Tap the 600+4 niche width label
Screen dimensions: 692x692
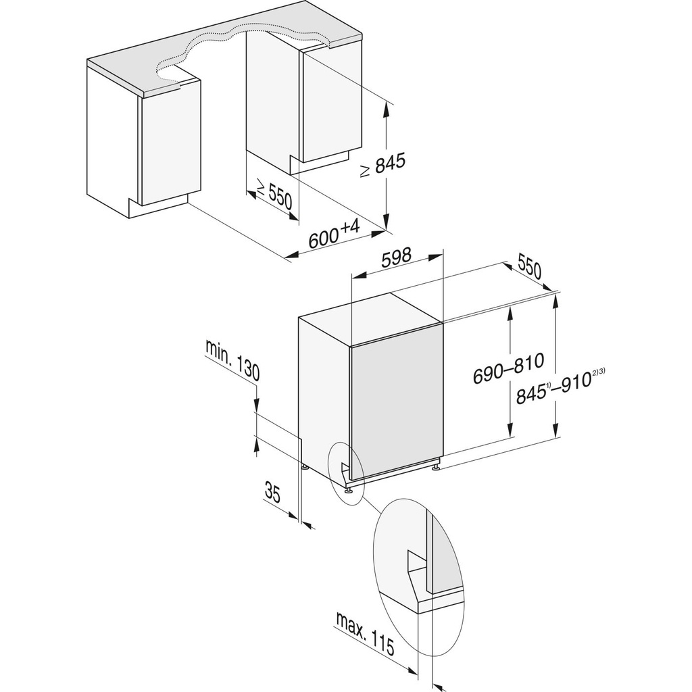pyautogui.click(x=335, y=234)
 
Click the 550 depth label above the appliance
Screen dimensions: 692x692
pyautogui.click(x=530, y=266)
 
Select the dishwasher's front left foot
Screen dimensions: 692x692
pyautogui.click(x=349, y=491)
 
